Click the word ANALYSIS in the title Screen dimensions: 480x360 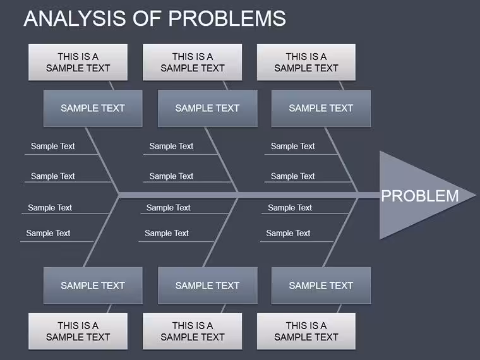75,18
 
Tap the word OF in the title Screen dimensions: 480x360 147,18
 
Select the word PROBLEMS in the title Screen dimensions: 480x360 227,18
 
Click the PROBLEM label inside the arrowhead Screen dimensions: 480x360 420,196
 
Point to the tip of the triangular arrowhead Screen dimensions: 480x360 476,195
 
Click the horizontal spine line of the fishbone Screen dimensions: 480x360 249,195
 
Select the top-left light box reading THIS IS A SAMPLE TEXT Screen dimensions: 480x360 78,62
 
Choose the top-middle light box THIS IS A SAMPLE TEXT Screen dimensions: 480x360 193,62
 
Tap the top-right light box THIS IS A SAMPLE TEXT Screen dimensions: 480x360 306,62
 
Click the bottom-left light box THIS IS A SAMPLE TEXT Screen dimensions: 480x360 78,331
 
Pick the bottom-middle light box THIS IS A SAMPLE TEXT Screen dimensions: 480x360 193,331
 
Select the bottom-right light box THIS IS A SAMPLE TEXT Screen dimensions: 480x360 306,331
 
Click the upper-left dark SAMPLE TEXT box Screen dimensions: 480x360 93,109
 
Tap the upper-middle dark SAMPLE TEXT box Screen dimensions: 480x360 208,109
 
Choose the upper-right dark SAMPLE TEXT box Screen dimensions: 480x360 321,109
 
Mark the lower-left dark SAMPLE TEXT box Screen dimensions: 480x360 93,285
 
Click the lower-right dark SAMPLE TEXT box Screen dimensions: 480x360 321,285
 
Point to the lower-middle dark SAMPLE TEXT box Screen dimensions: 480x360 208,285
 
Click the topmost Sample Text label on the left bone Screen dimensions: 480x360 52,147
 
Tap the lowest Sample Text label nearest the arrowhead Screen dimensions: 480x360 288,233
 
